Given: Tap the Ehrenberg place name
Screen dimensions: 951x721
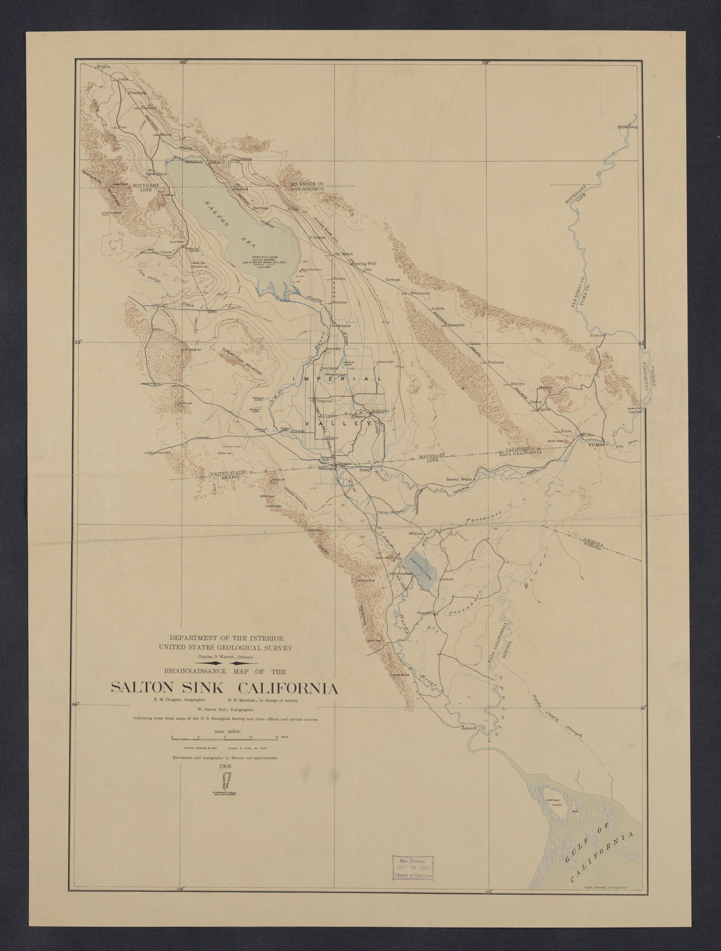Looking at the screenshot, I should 627,127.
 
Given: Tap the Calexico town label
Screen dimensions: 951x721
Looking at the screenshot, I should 344,463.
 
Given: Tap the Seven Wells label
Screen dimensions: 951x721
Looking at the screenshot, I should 460,479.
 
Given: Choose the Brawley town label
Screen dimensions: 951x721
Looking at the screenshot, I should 333,348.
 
